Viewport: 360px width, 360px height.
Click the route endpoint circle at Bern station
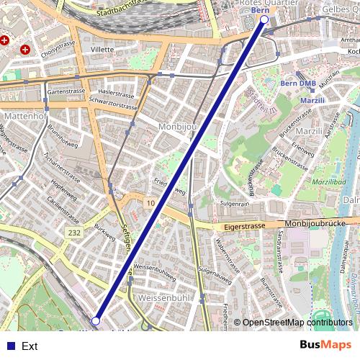[264, 21]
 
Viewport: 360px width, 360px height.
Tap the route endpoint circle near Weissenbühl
[96, 320]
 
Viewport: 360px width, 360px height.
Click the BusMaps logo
[325, 346]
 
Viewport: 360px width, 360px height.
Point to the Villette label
[102, 50]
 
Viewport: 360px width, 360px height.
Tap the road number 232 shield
[75, 233]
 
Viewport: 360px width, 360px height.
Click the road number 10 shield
[150, 204]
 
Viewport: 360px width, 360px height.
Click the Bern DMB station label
[297, 84]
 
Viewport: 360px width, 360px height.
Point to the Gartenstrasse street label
[66, 92]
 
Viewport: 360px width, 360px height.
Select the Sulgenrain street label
[235, 204]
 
